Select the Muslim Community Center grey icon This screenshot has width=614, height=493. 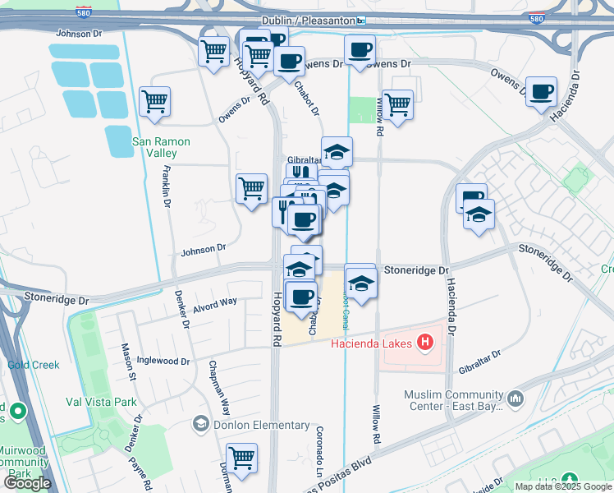[516, 399]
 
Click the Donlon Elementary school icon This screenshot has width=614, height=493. [199, 424]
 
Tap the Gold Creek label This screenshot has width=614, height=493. [34, 365]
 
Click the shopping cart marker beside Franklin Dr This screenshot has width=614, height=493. [154, 102]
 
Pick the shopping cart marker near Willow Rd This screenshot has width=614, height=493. [397, 104]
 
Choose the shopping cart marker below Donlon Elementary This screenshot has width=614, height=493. [241, 458]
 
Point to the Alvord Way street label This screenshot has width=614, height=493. [215, 306]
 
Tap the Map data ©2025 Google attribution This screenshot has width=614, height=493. [562, 486]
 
